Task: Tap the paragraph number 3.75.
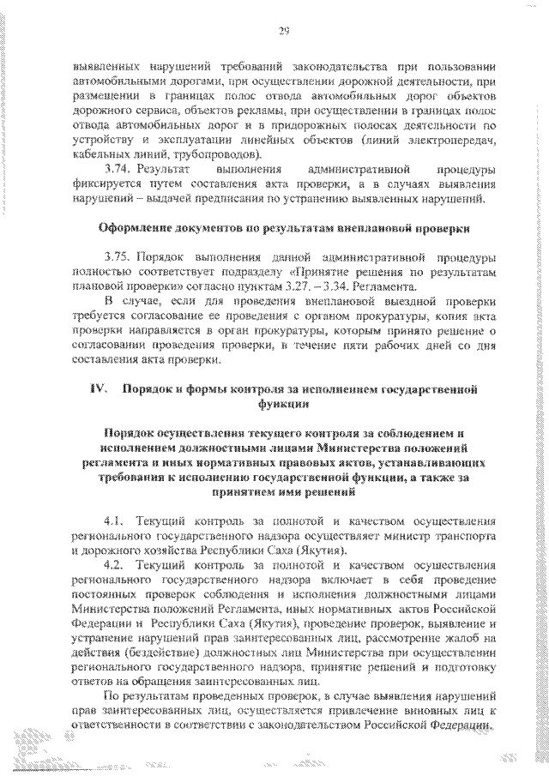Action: pos(117,257)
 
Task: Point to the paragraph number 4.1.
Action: pos(114,521)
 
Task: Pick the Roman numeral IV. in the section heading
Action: pos(98,389)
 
